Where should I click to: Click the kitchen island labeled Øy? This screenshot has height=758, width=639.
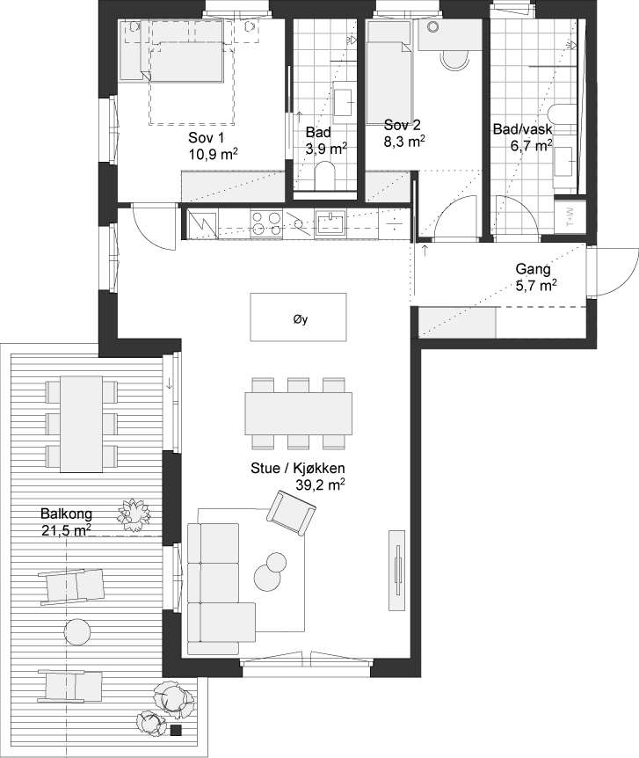(x=298, y=317)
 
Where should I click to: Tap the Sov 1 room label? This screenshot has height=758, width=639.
(x=207, y=138)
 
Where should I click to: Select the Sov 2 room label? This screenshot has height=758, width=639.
(x=403, y=125)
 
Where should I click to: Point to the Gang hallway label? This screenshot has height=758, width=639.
(x=533, y=269)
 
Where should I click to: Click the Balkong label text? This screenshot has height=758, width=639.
(x=66, y=514)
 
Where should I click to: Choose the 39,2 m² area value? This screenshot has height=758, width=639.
(x=320, y=485)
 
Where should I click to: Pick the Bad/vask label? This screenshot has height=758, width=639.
(x=522, y=129)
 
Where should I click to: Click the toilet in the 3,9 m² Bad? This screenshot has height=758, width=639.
(x=323, y=176)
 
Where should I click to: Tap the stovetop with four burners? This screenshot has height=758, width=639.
(x=266, y=223)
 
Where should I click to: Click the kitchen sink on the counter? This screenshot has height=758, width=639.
(x=330, y=222)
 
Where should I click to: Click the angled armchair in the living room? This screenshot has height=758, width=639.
(x=292, y=513)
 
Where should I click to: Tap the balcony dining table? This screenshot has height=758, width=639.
(x=81, y=424)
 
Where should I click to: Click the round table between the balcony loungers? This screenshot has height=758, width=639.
(x=76, y=630)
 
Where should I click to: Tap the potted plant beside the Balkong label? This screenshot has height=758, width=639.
(x=133, y=514)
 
